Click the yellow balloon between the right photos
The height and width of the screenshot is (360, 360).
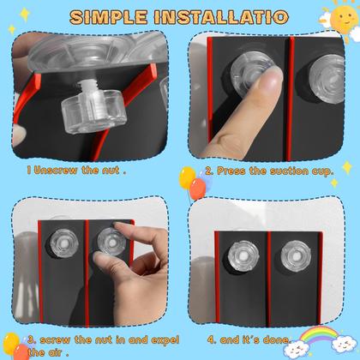[x=186, y=178]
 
